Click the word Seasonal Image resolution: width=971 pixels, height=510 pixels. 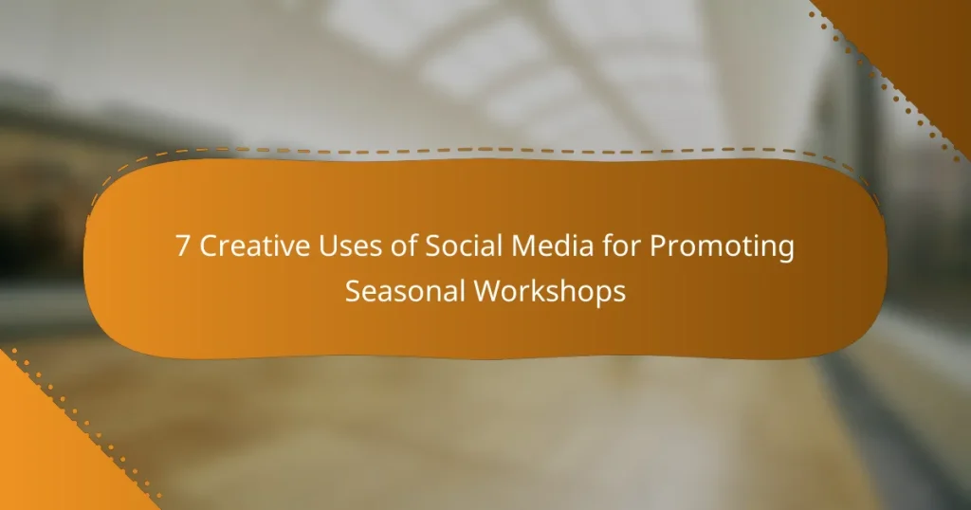tap(405, 291)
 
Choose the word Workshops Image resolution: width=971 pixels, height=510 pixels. tap(549, 291)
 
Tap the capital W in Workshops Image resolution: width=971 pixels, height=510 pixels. tap(485, 291)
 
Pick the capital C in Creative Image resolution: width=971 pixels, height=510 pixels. tap(208, 247)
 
